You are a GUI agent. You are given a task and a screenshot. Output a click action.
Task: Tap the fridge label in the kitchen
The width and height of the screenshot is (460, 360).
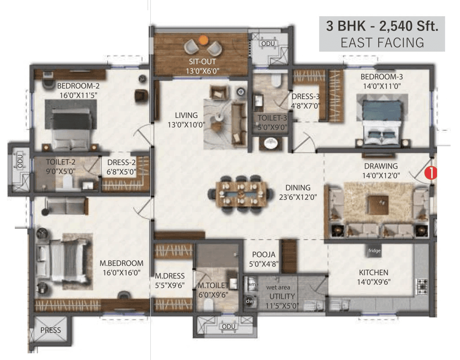(374, 251)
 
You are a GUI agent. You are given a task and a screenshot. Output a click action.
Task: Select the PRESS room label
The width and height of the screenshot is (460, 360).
(50, 330)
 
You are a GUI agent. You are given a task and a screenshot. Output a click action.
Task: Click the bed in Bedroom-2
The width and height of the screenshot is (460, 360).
(72, 128)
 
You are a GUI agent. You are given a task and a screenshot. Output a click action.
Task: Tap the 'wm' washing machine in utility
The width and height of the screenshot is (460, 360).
(251, 284)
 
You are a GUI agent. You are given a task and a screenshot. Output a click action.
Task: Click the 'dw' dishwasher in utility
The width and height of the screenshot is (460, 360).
(250, 301)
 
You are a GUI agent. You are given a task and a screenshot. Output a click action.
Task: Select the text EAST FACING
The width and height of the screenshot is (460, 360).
(382, 42)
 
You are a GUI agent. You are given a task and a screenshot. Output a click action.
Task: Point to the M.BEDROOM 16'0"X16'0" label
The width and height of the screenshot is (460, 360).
(121, 268)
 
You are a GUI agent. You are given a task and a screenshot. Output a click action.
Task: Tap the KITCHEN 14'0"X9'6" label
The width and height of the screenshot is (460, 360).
(373, 277)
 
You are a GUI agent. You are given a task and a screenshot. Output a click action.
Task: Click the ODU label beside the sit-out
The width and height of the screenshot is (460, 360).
(269, 43)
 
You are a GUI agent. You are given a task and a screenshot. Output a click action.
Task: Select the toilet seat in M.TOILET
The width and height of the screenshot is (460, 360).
(208, 305)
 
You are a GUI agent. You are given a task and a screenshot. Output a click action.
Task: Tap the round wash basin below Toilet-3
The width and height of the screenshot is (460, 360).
(271, 143)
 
